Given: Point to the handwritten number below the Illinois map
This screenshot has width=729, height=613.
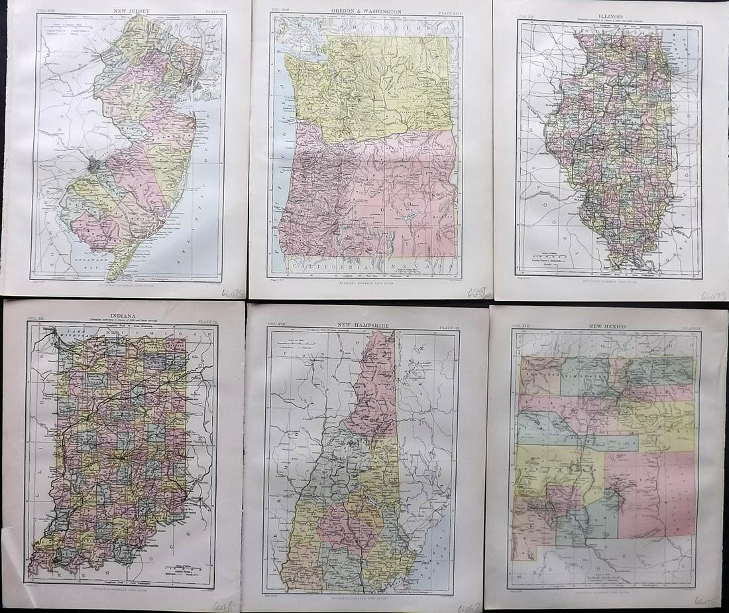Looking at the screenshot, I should tap(713, 295).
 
